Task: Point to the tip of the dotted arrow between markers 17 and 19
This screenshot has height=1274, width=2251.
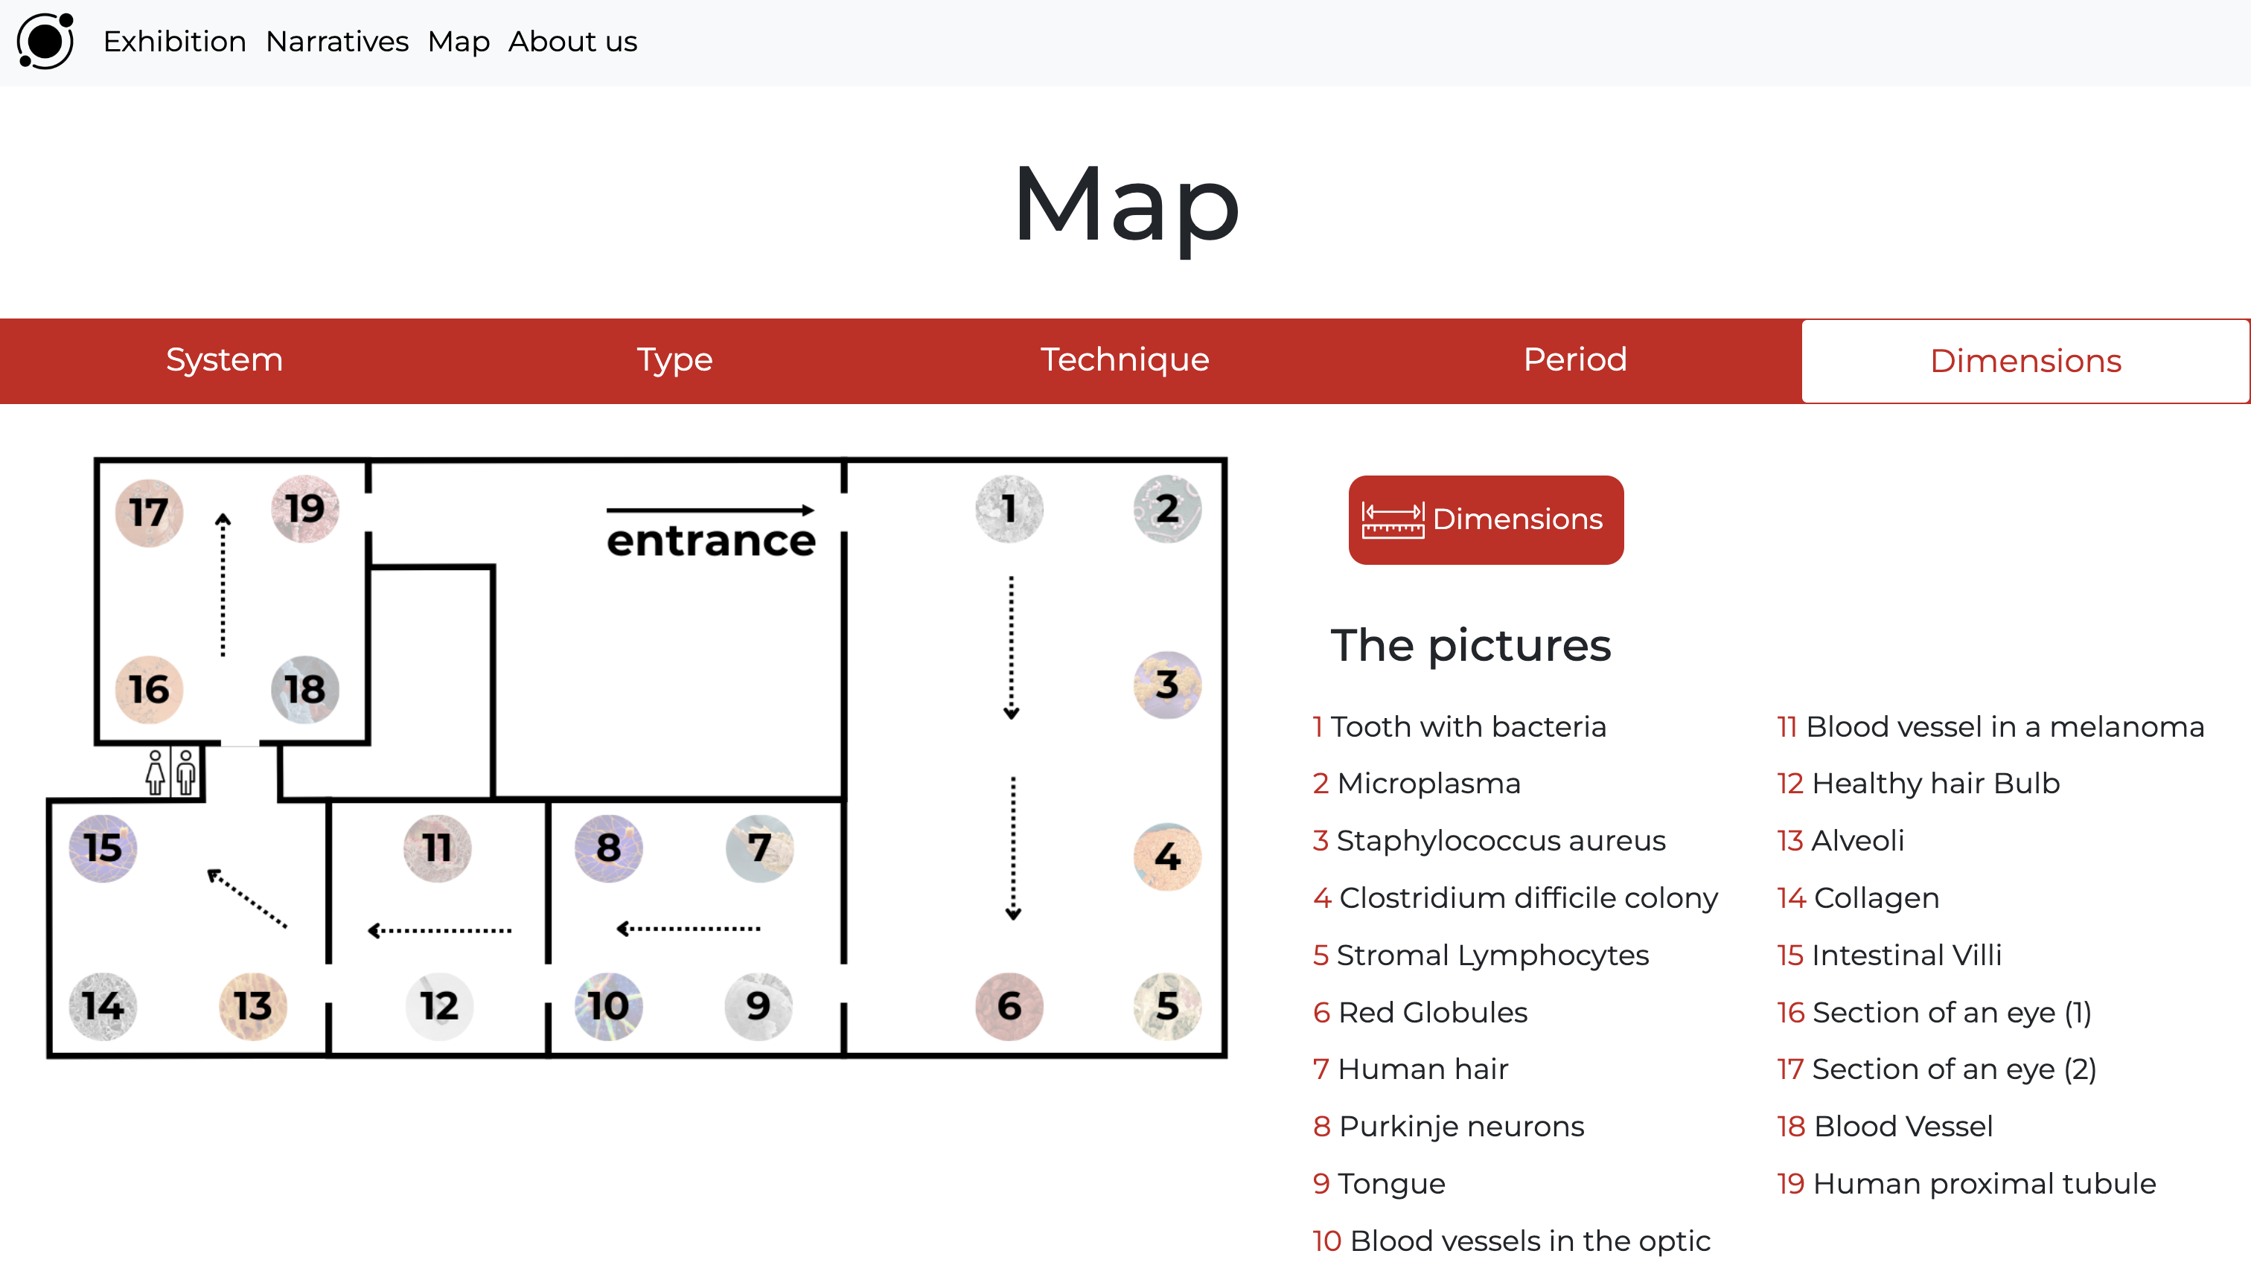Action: [223, 513]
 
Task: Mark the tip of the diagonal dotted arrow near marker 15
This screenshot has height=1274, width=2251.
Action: [208, 871]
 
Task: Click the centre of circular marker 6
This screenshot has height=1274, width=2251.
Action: [1009, 1006]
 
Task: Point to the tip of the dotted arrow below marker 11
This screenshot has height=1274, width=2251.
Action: [368, 930]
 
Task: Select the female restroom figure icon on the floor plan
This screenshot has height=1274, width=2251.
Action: [156, 772]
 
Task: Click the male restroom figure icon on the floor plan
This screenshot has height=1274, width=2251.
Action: [185, 772]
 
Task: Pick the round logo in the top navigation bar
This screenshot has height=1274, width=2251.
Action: [45, 40]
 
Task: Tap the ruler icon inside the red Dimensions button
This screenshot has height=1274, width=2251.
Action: [1393, 521]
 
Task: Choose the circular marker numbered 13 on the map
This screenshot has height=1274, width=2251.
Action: [253, 1006]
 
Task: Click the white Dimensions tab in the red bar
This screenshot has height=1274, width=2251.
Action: [2025, 360]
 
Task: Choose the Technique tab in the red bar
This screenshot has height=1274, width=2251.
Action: [1125, 359]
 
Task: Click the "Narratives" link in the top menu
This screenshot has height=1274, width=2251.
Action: [337, 41]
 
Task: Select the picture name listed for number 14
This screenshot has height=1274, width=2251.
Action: [1877, 897]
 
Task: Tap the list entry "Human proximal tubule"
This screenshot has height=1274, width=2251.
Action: [1984, 1183]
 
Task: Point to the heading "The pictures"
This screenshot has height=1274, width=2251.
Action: [1470, 646]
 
